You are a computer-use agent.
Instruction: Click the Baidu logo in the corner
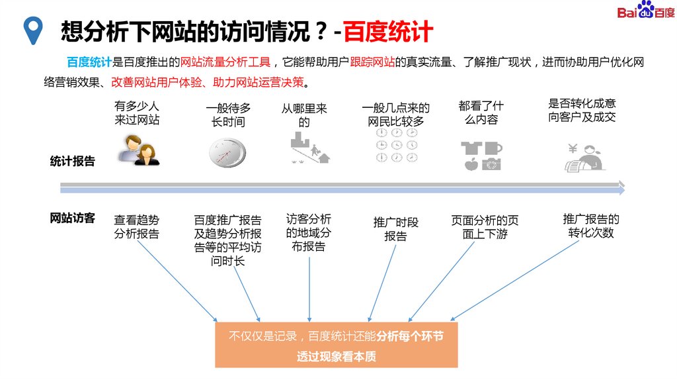click(645, 12)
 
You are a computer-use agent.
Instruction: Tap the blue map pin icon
click(31, 30)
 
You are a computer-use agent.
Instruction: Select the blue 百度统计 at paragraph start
click(89, 63)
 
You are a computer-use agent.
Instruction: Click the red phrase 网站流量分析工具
click(225, 63)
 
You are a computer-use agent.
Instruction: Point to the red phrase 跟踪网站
click(372, 63)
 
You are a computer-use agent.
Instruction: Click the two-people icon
click(139, 150)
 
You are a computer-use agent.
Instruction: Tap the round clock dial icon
click(226, 153)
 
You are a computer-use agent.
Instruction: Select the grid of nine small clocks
click(396, 145)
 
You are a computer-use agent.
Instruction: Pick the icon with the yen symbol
click(584, 158)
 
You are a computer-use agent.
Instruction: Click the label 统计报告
click(73, 161)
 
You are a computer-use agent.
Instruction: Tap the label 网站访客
click(73, 218)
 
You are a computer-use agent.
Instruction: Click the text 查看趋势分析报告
click(137, 226)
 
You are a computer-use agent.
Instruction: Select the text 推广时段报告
click(396, 229)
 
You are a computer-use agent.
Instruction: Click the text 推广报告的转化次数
click(591, 226)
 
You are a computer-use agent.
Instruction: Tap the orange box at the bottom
click(336, 346)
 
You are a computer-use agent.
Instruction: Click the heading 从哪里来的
click(304, 115)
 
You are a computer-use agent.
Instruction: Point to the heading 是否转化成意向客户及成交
click(582, 110)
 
